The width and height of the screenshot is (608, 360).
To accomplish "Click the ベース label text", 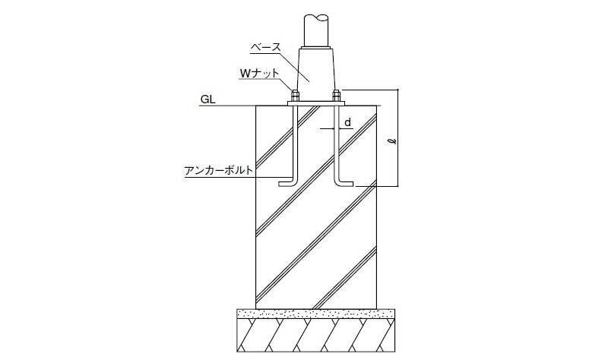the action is click(x=265, y=48).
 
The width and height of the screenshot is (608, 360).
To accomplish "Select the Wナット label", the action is click(x=259, y=73).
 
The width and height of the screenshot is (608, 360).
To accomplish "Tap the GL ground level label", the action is click(x=207, y=99).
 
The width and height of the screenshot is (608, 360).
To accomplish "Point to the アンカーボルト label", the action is click(x=219, y=170).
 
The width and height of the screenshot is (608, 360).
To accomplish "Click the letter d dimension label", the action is click(x=348, y=122).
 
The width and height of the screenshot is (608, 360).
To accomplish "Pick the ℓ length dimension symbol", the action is click(x=393, y=139).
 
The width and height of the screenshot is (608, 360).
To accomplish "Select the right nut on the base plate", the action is click(x=336, y=96).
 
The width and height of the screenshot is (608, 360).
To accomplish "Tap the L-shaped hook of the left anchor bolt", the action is click(x=288, y=184).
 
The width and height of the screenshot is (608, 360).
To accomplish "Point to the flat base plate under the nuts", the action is click(x=316, y=103).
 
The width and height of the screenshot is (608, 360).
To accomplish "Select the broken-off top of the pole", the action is click(x=317, y=18).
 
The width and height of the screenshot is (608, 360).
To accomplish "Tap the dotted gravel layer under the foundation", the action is click(x=316, y=313).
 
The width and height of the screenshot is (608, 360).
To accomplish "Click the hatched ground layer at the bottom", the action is click(x=316, y=335).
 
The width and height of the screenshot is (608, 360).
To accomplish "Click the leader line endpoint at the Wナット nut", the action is click(x=292, y=91).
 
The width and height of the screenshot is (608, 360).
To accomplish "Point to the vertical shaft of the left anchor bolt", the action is click(x=296, y=143).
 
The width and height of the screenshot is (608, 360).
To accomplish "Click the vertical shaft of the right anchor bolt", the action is click(x=336, y=143).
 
